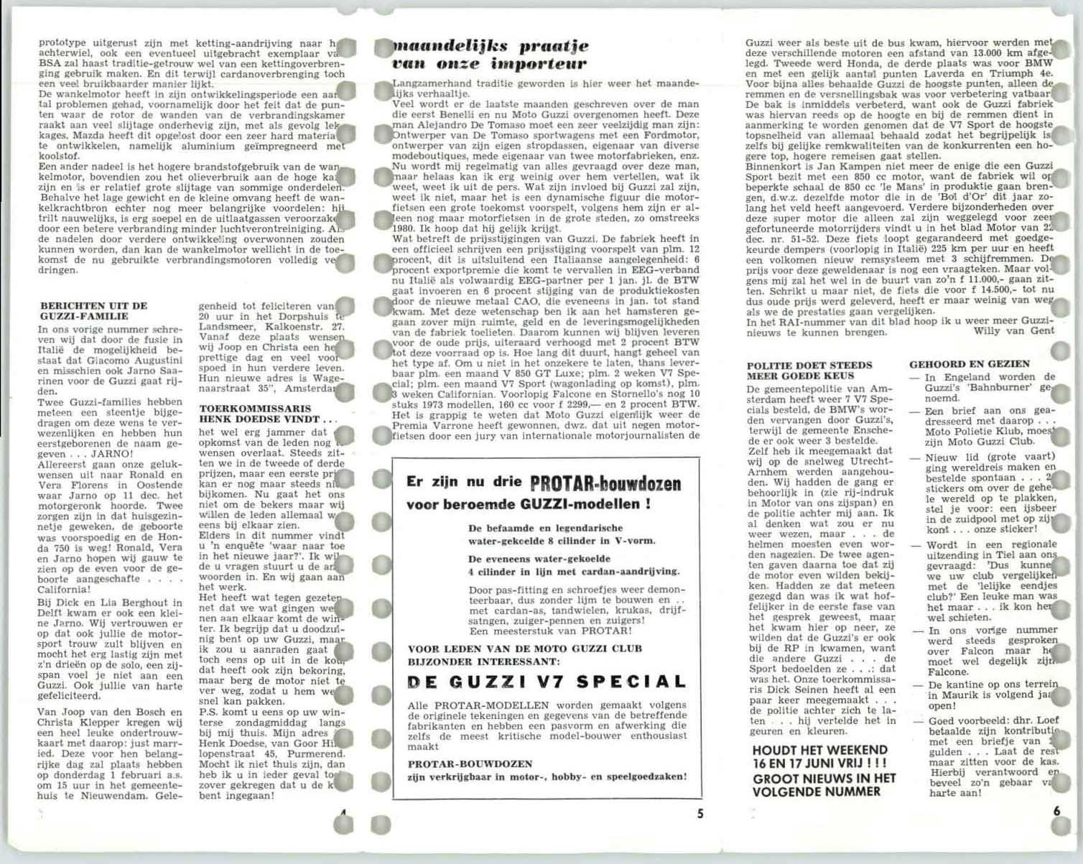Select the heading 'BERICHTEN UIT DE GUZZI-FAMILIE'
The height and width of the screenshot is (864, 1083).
pyautogui.click(x=93, y=310)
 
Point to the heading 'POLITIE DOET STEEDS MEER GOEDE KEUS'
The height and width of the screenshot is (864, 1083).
pyautogui.click(x=809, y=371)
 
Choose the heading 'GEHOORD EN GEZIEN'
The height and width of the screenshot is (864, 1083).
pyautogui.click(x=969, y=364)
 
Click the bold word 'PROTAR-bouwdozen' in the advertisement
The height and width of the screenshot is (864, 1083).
pyautogui.click(x=605, y=483)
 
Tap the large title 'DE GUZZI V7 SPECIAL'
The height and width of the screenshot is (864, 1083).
pyautogui.click(x=547, y=682)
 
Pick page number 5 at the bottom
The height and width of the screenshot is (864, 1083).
pyautogui.click(x=699, y=814)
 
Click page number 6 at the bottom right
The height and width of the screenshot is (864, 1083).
pyautogui.click(x=1056, y=811)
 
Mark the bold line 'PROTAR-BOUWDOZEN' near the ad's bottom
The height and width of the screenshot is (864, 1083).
pyautogui.click(x=470, y=763)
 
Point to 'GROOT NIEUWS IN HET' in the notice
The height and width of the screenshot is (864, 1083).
pyautogui.click(x=824, y=778)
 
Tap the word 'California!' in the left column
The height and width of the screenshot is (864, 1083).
pyautogui.click(x=65, y=589)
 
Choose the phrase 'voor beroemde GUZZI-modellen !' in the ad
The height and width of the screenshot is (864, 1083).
pyautogui.click(x=528, y=504)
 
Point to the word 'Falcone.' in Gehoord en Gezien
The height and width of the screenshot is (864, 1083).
pyautogui.click(x=947, y=672)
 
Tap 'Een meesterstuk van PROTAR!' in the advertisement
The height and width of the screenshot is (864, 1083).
pyautogui.click(x=550, y=631)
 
